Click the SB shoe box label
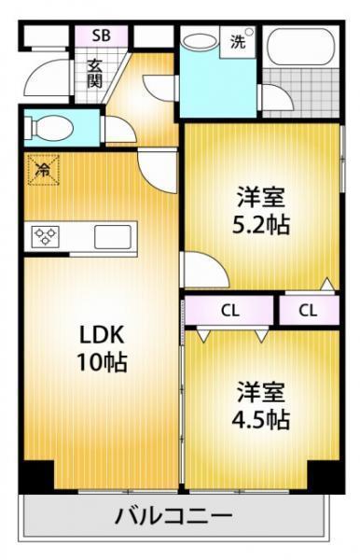coord(101,36)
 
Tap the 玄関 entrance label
coord(95,75)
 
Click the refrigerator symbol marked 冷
coord(43,170)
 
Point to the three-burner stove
coord(45,236)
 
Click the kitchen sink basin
coord(113,237)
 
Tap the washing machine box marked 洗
coord(238,43)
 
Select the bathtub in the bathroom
coord(303,47)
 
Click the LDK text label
coord(102,335)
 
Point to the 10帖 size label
coord(102,362)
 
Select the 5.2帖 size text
coord(261,224)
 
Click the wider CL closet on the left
coord(230,311)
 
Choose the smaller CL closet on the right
coord(309,311)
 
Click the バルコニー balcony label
coord(173,516)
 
